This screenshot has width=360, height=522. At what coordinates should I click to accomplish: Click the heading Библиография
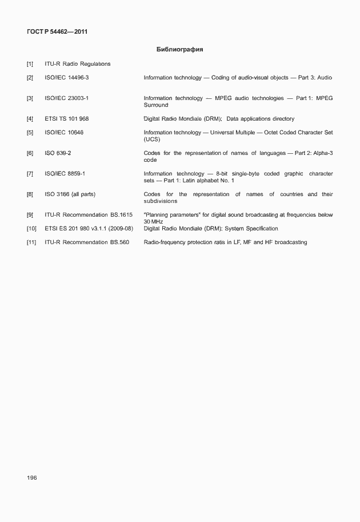tap(179, 49)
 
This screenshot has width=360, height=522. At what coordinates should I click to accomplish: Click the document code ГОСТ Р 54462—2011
tap(57, 31)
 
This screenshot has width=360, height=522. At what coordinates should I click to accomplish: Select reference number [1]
tap(30, 64)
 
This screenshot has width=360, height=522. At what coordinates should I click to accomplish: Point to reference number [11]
tap(31, 242)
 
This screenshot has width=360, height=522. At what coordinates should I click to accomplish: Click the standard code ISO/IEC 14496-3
tap(67, 77)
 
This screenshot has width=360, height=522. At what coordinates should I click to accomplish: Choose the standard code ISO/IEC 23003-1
tap(67, 98)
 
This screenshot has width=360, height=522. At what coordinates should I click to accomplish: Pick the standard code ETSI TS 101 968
tap(67, 119)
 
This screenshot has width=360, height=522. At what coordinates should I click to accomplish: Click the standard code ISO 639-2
tap(58, 153)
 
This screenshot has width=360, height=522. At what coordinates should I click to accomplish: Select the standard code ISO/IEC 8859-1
tap(65, 174)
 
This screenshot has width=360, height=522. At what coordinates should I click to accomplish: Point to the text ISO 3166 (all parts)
tap(70, 194)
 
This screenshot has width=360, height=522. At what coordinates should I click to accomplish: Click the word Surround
tap(156, 105)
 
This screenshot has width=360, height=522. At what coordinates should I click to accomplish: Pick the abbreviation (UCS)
tap(151, 140)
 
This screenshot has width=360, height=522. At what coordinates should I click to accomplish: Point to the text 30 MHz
tap(154, 222)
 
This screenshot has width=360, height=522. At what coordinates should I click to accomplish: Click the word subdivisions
tap(161, 201)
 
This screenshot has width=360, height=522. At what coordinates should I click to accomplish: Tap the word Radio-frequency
tap(163, 242)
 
